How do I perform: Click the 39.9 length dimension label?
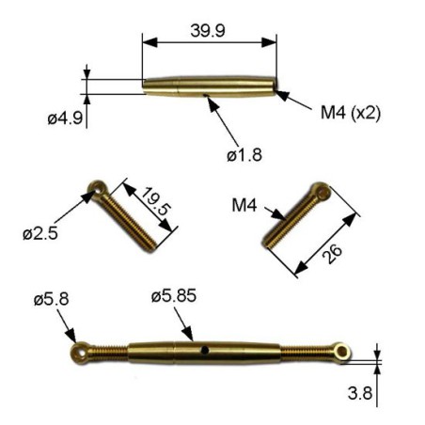pyautogui.click(x=207, y=31)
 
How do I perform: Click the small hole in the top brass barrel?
pyautogui.click(x=205, y=94)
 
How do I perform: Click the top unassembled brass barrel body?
pyautogui.click(x=210, y=86)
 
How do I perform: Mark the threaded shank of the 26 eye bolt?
pyautogui.click(x=293, y=222)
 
